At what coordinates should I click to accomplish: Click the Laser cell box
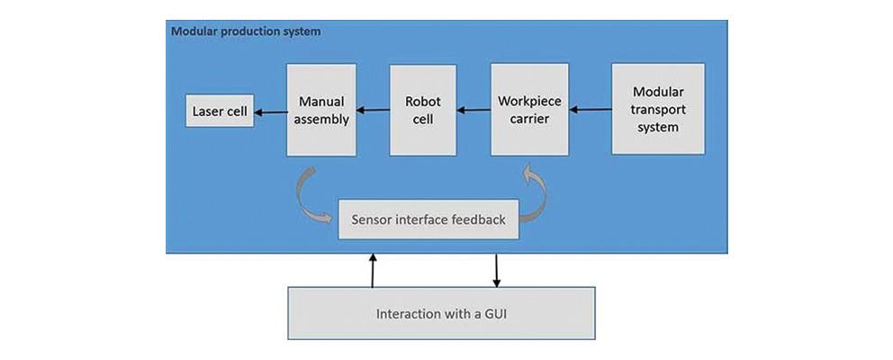point(219,112)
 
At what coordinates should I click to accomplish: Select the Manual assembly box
point(322,110)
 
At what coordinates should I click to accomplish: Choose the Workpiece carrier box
point(529,110)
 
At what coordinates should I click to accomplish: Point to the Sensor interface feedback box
point(428,219)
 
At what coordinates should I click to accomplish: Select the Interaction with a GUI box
point(441,315)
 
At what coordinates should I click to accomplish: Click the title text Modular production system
point(246,31)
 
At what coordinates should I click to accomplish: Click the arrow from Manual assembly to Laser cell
point(270,112)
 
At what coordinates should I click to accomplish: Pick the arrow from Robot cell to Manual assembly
point(372,111)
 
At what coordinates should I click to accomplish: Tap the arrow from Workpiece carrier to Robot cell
point(472,111)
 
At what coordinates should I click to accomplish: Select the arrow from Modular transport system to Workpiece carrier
point(590,110)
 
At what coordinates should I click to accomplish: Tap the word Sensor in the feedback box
point(373,219)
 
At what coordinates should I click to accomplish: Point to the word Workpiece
point(529,101)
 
